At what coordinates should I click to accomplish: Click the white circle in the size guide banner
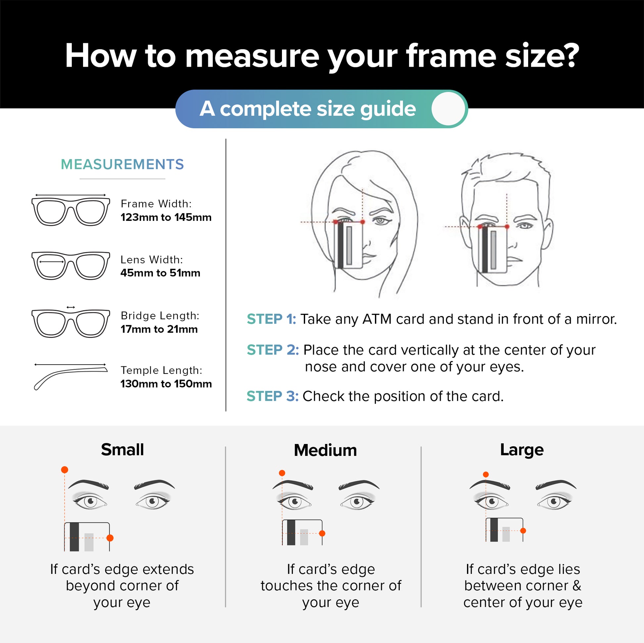[448, 108]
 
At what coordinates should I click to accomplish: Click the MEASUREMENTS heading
[122, 164]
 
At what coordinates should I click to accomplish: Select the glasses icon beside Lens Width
[71, 265]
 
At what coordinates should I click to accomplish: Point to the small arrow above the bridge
[71, 307]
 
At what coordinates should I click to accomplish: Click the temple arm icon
[71, 377]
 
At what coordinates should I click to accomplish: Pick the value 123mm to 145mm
[166, 217]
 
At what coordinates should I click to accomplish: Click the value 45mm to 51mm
[160, 273]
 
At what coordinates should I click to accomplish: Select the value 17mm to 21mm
[159, 329]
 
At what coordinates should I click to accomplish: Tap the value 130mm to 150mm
[166, 383]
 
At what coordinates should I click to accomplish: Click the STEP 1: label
[271, 319]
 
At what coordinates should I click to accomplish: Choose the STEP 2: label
[273, 350]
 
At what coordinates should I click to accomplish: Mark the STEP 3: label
[272, 396]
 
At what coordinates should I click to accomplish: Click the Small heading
[122, 450]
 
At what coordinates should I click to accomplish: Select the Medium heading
[325, 450]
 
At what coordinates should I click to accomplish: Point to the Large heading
[522, 450]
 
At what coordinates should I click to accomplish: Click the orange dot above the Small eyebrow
[65, 469]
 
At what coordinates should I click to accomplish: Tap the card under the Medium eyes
[302, 532]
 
